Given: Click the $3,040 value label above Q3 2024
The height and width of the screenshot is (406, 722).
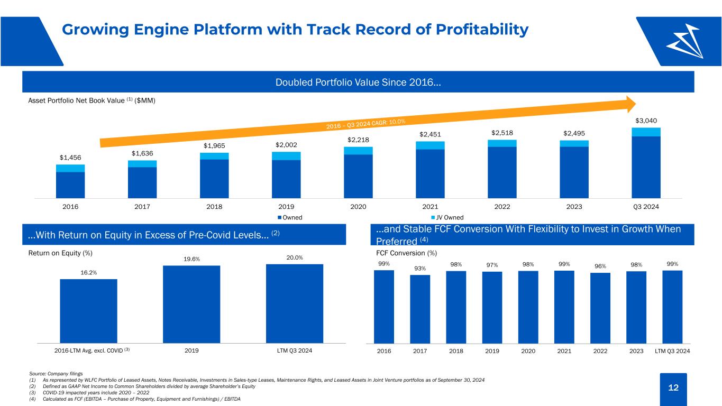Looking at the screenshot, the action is click(646, 121).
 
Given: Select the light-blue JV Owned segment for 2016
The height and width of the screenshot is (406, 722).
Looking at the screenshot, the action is click(70, 168).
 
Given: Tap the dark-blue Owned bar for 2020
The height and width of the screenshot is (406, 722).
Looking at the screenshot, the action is click(358, 176).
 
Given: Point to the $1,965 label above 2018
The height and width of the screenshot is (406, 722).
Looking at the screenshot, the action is click(214, 146).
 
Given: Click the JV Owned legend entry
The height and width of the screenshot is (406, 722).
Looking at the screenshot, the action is click(447, 217).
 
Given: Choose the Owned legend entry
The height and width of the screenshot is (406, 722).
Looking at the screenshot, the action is click(290, 217).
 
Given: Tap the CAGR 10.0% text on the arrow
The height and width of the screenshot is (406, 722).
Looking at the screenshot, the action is click(365, 124).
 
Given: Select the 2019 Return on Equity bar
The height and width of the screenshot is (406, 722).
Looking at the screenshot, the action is click(191, 304).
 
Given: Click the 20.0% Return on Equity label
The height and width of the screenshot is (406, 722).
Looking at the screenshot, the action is click(295, 258).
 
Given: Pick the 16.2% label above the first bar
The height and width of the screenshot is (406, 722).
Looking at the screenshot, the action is click(89, 273).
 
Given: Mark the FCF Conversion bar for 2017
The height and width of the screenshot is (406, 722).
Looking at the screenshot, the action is click(420, 309).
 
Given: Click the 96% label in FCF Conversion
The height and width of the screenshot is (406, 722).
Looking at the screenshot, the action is click(600, 266).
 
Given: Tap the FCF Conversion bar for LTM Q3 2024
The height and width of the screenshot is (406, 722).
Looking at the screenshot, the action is click(672, 307).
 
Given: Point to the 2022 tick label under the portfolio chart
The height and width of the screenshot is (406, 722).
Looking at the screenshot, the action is click(502, 207).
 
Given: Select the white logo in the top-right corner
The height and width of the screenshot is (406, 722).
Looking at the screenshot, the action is click(684, 41).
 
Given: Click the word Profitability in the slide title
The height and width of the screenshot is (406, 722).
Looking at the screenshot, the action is click(482, 30).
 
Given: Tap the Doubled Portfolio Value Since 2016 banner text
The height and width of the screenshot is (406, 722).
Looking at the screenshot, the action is click(358, 82).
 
